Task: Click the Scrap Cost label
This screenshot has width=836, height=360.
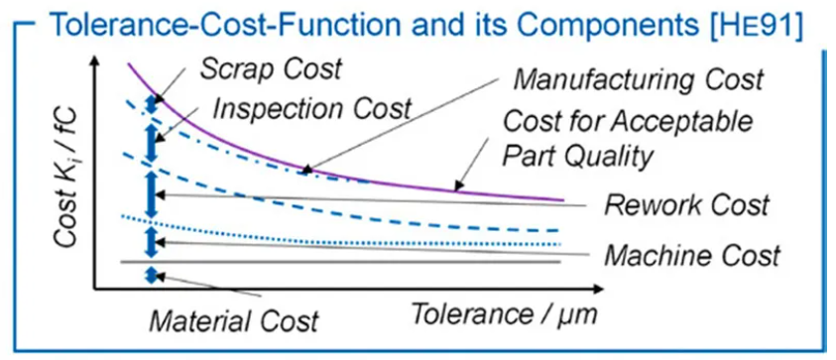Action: [x=270, y=69]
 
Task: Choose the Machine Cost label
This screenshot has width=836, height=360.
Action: [x=692, y=255]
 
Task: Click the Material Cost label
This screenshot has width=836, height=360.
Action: [x=235, y=320]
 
